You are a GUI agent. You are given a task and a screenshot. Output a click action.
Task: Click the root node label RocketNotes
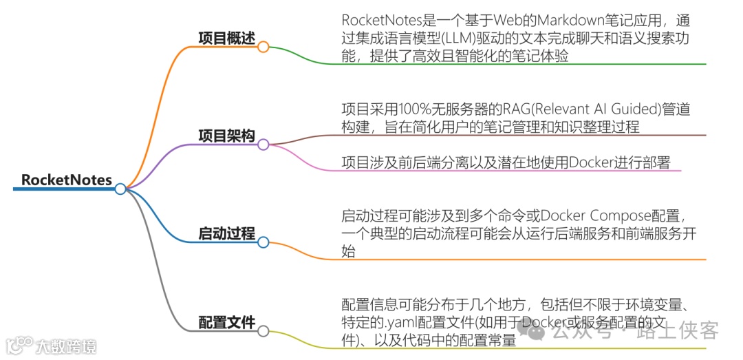[66, 180]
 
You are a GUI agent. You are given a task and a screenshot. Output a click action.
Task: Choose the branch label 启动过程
[226, 234]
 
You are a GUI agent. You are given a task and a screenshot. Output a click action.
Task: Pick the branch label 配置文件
[226, 322]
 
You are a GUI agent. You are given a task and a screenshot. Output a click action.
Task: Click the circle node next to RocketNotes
[120, 189]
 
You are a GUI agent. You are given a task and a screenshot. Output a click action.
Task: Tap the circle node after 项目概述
[263, 47]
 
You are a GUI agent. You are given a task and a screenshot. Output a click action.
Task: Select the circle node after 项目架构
[263, 145]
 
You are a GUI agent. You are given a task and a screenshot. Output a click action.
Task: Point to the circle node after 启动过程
[263, 242]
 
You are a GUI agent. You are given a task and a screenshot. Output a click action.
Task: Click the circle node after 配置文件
[263, 331]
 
